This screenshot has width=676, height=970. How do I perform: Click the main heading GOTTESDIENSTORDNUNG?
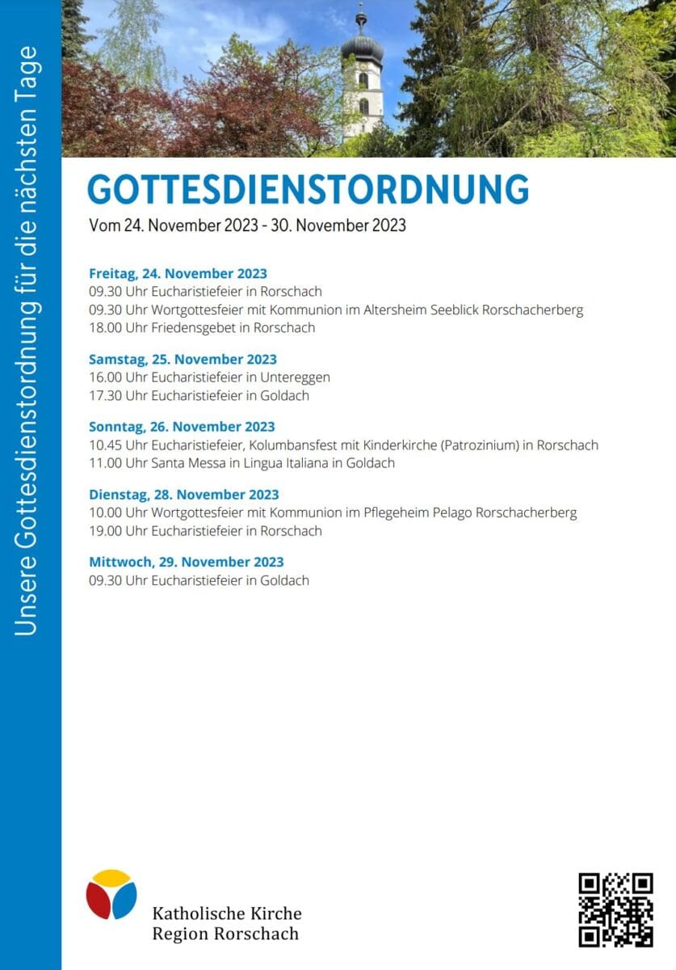point(308,189)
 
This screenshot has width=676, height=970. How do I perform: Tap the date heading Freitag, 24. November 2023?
point(178,273)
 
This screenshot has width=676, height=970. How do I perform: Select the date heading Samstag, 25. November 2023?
point(183,359)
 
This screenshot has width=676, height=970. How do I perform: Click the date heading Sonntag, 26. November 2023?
point(182,426)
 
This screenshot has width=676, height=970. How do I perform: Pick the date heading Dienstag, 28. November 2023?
point(184,494)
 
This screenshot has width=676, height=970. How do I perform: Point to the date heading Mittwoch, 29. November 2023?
point(187,561)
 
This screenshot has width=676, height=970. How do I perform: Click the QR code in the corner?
point(615,909)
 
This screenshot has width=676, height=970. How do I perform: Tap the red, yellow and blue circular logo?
point(111,894)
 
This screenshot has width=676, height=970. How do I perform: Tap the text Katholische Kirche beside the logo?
point(227,913)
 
